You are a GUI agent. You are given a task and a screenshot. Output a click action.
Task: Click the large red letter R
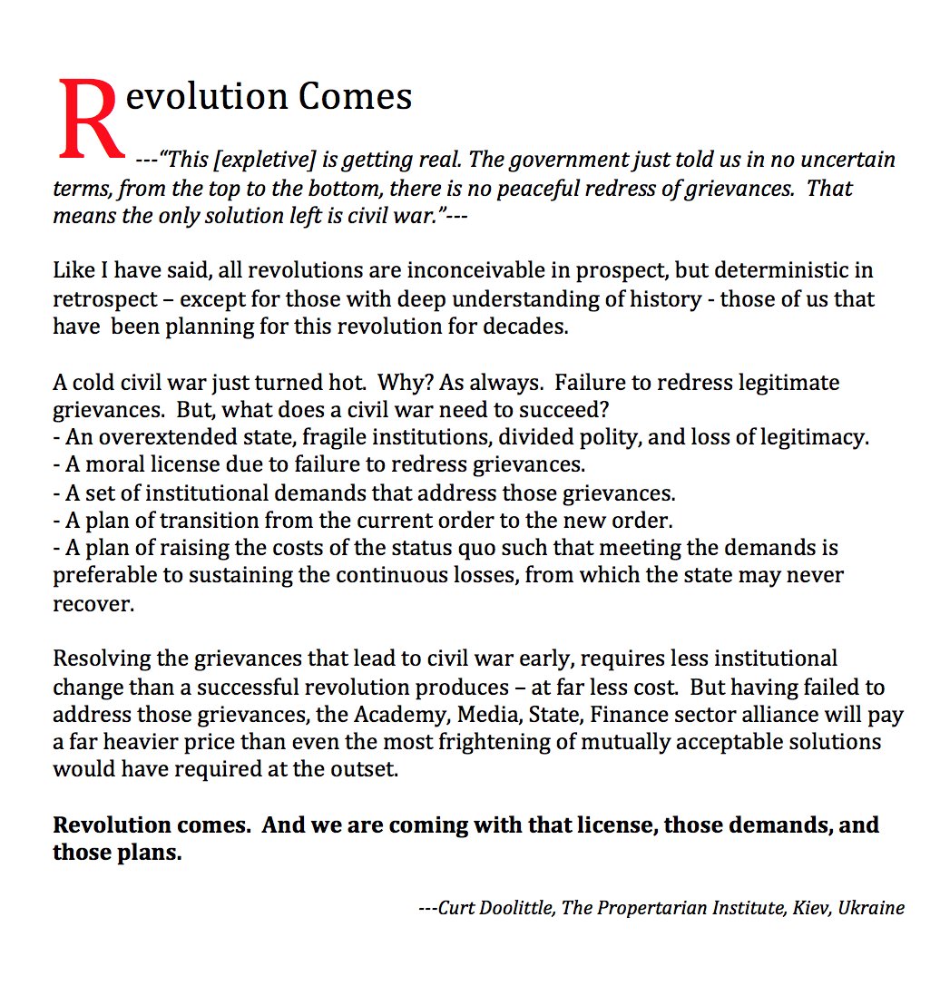pos(91,118)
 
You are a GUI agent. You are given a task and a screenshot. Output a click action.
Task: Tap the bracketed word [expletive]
pos(264,161)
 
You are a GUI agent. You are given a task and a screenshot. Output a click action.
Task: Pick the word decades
pos(525,327)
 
